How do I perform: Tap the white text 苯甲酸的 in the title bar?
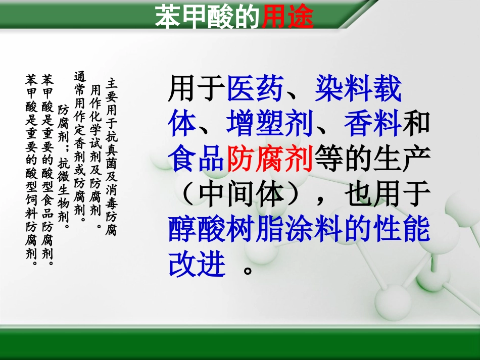[208, 17]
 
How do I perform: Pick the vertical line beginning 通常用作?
[79, 146]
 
